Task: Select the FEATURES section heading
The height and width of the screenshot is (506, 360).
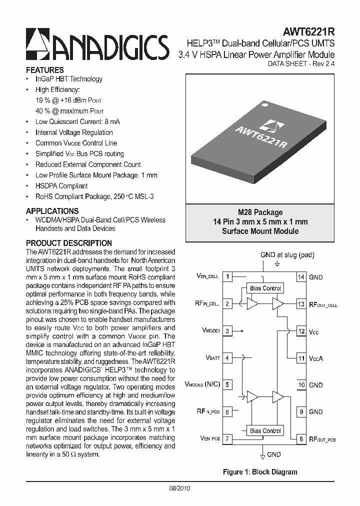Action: click(45, 70)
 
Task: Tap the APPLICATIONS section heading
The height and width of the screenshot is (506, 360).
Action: click(52, 211)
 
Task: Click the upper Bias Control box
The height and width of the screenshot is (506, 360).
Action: click(265, 288)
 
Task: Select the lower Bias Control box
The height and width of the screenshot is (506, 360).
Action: click(265, 431)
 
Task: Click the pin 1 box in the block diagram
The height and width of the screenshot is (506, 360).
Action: click(227, 276)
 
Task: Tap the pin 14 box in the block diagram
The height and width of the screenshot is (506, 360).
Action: click(301, 277)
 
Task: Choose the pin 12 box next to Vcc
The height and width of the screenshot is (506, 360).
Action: click(301, 331)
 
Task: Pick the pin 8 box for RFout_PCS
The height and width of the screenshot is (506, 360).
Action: click(301, 439)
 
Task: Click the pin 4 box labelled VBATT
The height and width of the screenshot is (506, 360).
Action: click(227, 358)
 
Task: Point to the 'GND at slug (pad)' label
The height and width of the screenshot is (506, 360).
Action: click(287, 255)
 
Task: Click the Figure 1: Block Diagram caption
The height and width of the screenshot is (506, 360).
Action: click(260, 472)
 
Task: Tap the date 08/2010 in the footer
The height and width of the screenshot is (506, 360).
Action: click(180, 488)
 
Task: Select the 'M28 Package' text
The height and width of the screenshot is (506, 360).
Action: click(260, 212)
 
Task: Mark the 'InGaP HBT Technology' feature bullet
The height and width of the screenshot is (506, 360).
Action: click(69, 79)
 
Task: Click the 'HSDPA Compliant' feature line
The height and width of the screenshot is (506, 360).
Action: click(61, 186)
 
